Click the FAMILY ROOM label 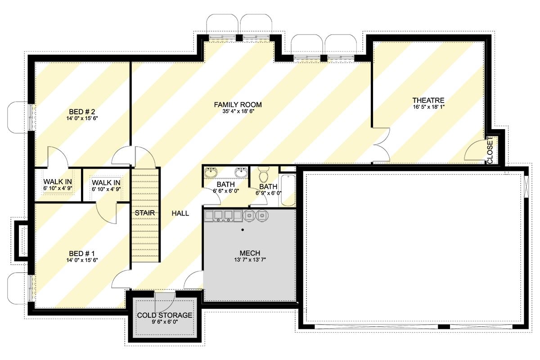238,105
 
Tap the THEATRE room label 428,100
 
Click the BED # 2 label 81,112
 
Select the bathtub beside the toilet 288,190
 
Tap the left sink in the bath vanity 211,172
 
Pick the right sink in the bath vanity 241,172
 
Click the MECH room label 249,253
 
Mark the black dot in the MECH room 243,230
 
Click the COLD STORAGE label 165,315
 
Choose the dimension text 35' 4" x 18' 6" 238,112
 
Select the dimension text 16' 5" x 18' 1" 428,107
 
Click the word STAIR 145,213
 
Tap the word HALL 180,213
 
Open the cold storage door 165,299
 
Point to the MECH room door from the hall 194,281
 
